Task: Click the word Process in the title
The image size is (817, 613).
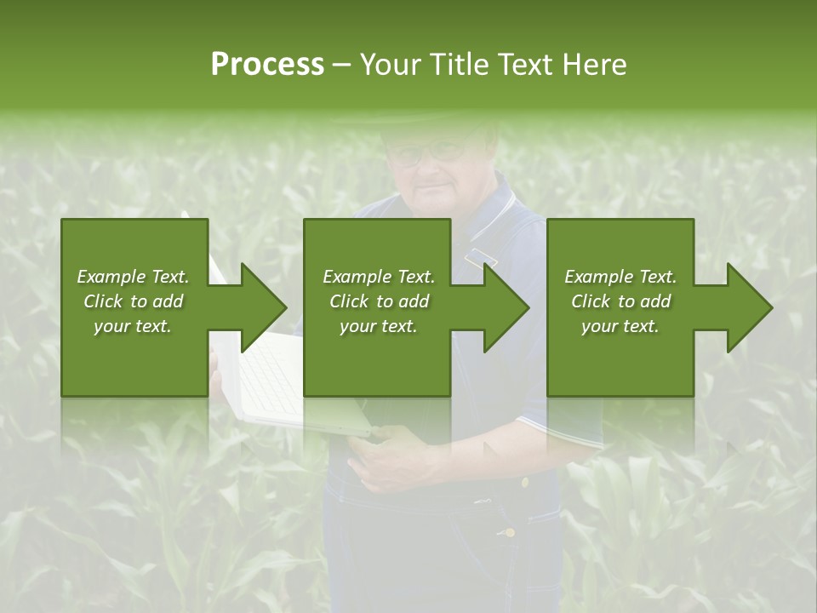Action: (x=267, y=65)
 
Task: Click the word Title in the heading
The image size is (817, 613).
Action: (x=460, y=65)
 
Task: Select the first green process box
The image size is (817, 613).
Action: (x=134, y=358)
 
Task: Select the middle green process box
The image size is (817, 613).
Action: (x=377, y=358)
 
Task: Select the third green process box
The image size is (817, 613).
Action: (x=620, y=358)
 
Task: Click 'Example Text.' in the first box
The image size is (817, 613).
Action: (x=133, y=277)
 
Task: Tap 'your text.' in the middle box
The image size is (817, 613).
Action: (x=379, y=326)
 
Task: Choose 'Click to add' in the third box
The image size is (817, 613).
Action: (x=620, y=301)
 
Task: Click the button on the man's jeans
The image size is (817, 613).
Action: (x=509, y=532)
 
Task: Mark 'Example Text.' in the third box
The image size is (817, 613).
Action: (x=620, y=277)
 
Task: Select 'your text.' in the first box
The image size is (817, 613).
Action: (x=133, y=326)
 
